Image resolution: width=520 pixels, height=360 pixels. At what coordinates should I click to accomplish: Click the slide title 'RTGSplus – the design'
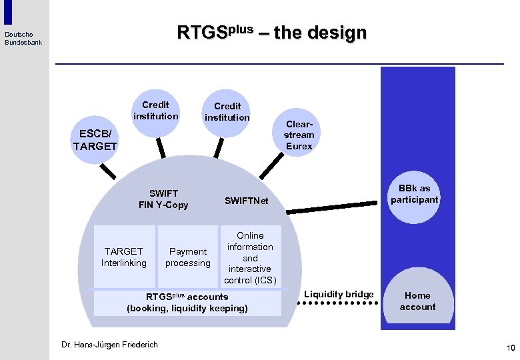pyautogui.click(x=271, y=32)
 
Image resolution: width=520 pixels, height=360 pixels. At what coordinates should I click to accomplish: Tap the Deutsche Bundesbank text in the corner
pyautogui.click(x=23, y=38)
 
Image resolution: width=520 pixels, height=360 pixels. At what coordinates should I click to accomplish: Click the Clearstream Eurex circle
pyautogui.click(x=299, y=135)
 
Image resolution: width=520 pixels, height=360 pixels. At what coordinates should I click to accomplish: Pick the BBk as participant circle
pyautogui.click(x=415, y=194)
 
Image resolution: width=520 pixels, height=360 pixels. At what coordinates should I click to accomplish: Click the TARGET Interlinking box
pyautogui.click(x=123, y=257)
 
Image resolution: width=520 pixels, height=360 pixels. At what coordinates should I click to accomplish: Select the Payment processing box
pyautogui.click(x=188, y=257)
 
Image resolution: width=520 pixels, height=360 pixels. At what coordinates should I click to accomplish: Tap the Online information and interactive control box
pyautogui.click(x=250, y=257)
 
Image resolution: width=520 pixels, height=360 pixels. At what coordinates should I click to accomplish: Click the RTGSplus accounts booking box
pyautogui.click(x=187, y=303)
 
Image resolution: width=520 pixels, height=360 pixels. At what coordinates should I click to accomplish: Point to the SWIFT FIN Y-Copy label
pyautogui.click(x=163, y=199)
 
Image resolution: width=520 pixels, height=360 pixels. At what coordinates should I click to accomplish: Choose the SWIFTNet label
pyautogui.click(x=246, y=201)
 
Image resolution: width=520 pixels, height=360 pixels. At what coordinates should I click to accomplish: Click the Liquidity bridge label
pyautogui.click(x=339, y=294)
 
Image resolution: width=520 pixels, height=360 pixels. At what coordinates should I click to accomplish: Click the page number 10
pyautogui.click(x=511, y=347)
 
